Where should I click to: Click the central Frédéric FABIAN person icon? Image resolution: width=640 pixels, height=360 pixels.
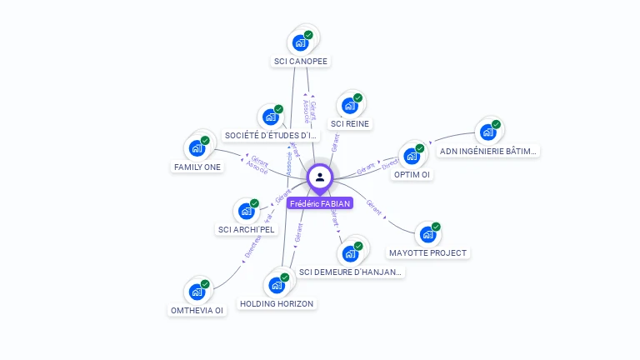320,177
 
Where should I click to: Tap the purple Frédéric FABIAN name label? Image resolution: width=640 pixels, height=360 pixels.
320,203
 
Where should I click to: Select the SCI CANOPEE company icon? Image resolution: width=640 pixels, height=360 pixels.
300,42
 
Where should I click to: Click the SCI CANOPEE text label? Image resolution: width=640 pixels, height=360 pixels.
301,62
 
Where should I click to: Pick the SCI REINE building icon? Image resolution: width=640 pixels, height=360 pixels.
350,106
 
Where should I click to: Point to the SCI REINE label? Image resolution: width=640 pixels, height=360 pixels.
350,124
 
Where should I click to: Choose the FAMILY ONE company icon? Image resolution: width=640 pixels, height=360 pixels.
197,148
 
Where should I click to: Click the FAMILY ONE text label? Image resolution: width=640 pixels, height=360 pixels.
197,167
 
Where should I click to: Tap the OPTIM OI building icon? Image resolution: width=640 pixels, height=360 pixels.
412,156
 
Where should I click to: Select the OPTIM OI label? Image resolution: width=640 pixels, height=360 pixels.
412,175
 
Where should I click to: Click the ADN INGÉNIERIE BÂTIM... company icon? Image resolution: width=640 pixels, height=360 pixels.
488,132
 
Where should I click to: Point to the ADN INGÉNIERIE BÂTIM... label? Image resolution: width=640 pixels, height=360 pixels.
489,152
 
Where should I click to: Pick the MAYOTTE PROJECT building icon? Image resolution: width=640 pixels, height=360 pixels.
428,234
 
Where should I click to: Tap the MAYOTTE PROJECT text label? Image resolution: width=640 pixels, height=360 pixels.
428,252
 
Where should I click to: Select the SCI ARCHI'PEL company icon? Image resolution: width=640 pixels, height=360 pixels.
247,211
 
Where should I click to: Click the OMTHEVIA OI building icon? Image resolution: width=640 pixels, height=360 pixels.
197,292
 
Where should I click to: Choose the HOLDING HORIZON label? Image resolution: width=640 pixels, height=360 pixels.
277,304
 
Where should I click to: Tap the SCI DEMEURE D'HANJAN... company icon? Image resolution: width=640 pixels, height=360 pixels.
351,253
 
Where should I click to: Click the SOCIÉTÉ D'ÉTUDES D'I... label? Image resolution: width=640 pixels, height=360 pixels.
272,136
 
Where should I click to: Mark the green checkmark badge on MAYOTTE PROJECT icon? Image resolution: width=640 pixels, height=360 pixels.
436,227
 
